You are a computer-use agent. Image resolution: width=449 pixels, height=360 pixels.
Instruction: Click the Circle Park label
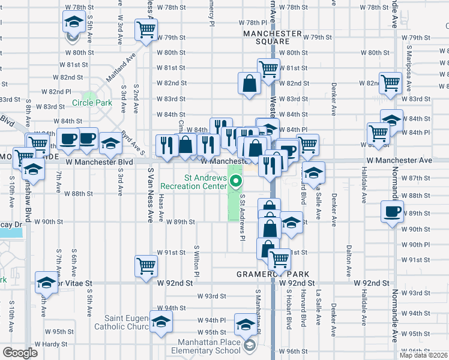pos(92,103)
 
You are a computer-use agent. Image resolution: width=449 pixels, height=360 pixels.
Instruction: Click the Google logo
pos(20,353)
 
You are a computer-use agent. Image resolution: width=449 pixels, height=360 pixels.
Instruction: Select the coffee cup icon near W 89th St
pos(393,212)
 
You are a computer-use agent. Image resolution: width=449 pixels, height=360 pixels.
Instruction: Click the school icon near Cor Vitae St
pos(46,281)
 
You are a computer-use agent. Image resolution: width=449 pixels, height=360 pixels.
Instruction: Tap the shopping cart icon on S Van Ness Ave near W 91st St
pos(146,265)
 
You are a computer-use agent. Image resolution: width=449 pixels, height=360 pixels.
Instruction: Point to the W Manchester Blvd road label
pos(99,162)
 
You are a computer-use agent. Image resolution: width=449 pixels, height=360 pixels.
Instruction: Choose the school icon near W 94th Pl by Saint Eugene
pos(160,322)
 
